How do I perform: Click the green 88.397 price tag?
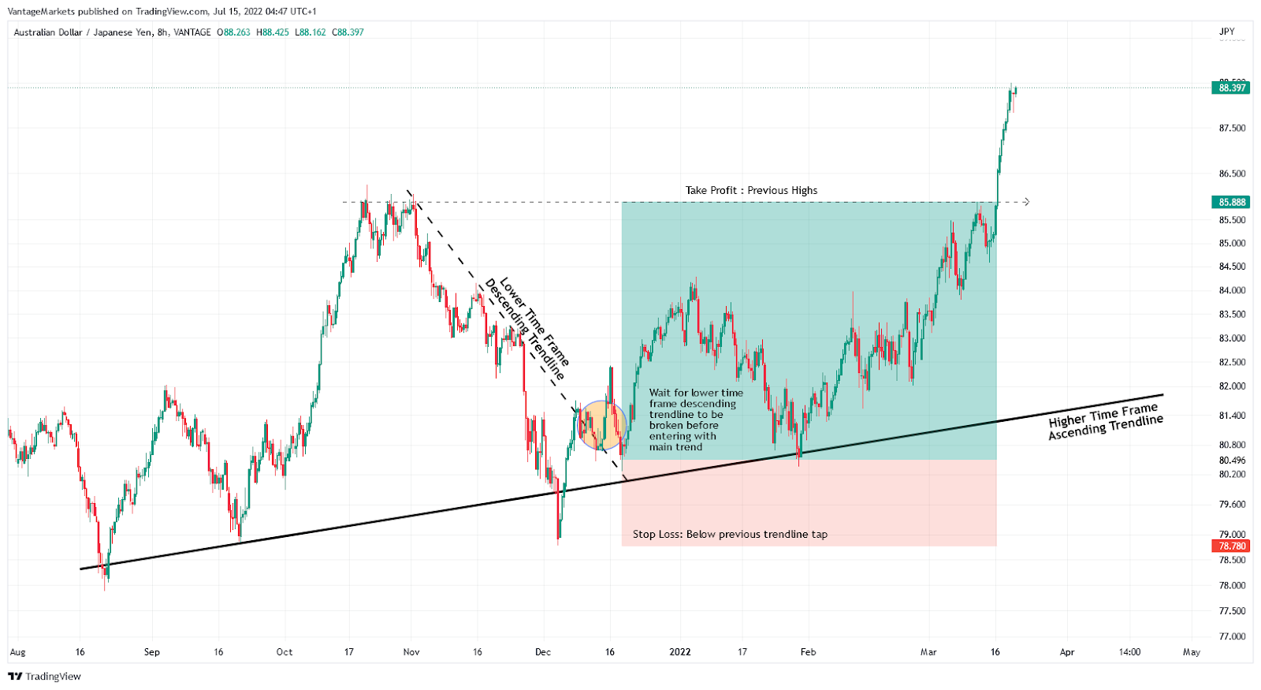click(x=1232, y=88)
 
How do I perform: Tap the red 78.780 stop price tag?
click(x=1232, y=546)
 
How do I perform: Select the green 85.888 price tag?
click(x=1232, y=202)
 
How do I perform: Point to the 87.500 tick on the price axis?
click(x=1232, y=128)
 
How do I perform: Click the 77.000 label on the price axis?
click(x=1232, y=636)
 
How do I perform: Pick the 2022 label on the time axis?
click(x=679, y=652)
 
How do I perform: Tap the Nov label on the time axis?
click(x=411, y=652)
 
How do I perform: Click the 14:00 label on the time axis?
click(x=1129, y=652)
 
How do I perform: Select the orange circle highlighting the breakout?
click(x=603, y=425)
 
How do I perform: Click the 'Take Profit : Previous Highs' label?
click(x=751, y=190)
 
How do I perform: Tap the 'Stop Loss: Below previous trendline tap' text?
click(x=730, y=534)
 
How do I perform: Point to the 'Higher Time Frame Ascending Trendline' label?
click(x=1105, y=420)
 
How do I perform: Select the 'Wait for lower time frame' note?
click(x=695, y=420)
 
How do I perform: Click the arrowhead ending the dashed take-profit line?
click(x=1026, y=202)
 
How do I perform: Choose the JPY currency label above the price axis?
click(x=1226, y=32)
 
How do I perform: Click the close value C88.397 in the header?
click(x=348, y=32)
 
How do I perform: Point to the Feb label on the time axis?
click(x=808, y=652)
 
